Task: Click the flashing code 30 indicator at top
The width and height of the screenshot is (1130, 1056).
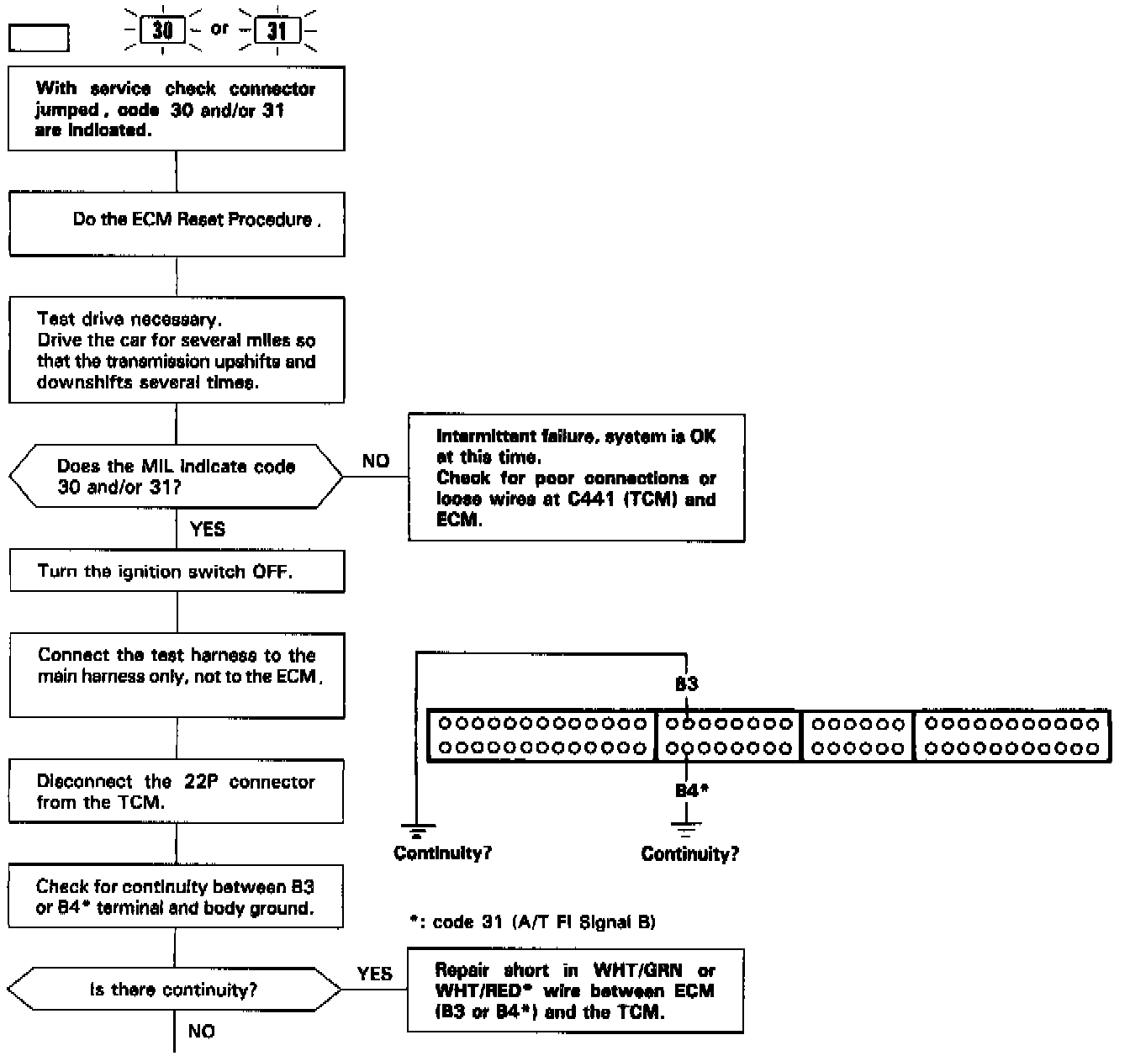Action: pyautogui.click(x=162, y=31)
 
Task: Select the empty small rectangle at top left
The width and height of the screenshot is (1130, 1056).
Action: pyautogui.click(x=39, y=38)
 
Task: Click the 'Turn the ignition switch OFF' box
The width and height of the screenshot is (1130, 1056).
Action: pyautogui.click(x=177, y=572)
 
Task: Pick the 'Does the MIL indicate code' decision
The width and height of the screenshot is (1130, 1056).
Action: pyautogui.click(x=176, y=477)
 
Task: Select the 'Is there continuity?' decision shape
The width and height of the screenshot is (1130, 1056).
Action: pyautogui.click(x=174, y=990)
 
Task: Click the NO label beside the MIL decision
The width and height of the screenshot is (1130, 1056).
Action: pyautogui.click(x=375, y=461)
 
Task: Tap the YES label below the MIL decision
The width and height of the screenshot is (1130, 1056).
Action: pyautogui.click(x=208, y=529)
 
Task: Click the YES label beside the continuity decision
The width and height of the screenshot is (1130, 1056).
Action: pyautogui.click(x=374, y=974)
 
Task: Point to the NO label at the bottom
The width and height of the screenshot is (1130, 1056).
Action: pyautogui.click(x=202, y=1031)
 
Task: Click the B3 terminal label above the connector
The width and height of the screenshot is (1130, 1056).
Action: pyautogui.click(x=686, y=684)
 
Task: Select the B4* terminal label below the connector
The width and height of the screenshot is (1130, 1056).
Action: pyautogui.click(x=692, y=790)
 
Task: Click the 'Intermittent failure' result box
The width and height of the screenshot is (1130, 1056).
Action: pyautogui.click(x=576, y=478)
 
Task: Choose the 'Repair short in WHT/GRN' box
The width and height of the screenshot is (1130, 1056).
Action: pyautogui.click(x=575, y=991)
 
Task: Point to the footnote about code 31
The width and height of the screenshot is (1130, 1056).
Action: pyautogui.click(x=531, y=922)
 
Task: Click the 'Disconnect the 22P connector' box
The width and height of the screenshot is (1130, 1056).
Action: pyautogui.click(x=176, y=792)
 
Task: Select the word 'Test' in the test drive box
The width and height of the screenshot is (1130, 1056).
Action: pyautogui.click(x=56, y=319)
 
